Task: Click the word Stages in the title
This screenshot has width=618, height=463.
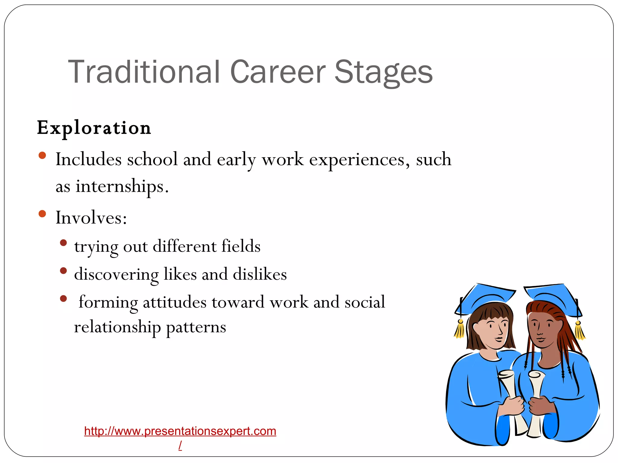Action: (x=383, y=72)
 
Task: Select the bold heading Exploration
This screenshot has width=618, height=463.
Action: (x=94, y=128)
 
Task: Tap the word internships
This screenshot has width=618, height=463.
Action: (x=121, y=186)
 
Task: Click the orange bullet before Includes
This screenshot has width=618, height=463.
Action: (x=42, y=156)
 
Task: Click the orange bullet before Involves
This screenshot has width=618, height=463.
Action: (x=42, y=214)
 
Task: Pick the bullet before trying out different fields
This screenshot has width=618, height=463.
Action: (x=63, y=243)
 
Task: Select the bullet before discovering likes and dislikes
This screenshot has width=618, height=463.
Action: (x=63, y=271)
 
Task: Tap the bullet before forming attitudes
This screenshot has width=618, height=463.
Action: (x=63, y=298)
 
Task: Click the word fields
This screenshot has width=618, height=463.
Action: (x=241, y=246)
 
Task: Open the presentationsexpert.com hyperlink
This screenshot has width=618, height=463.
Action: (x=180, y=431)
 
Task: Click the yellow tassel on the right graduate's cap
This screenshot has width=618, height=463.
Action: (x=579, y=331)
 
